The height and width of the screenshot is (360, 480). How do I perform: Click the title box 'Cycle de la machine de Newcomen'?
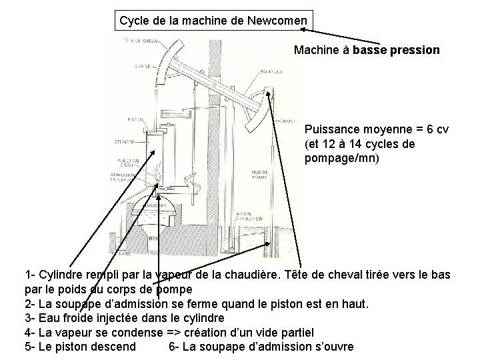(213, 21)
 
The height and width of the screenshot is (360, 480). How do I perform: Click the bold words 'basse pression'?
(396, 50)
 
